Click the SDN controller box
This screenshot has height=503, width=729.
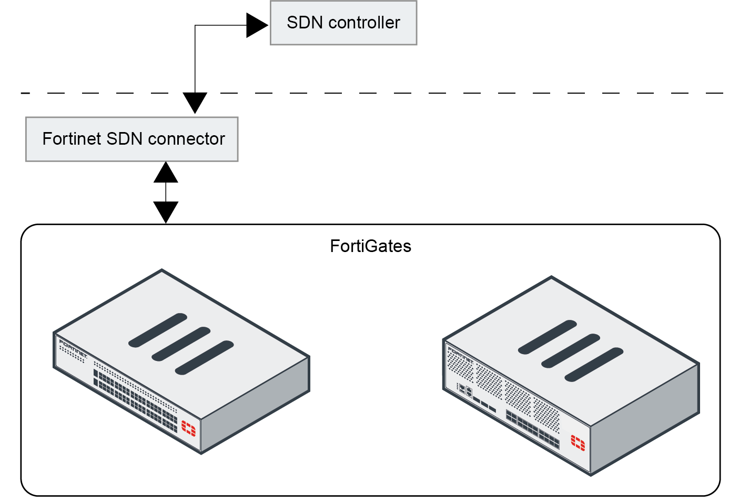click(343, 23)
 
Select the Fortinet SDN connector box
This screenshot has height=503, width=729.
click(131, 139)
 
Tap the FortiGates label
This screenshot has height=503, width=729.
click(370, 246)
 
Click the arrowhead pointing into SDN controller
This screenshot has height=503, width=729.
click(257, 25)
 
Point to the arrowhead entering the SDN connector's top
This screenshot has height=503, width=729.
click(195, 102)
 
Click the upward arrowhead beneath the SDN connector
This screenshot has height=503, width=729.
click(166, 173)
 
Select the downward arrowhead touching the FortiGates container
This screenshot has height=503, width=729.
click(166, 212)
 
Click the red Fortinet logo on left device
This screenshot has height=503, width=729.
click(188, 428)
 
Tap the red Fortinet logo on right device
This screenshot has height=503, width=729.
click(578, 443)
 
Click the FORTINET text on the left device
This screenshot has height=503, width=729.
click(73, 348)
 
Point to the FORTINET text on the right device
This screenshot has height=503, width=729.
click(460, 354)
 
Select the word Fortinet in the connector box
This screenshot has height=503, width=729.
click(72, 139)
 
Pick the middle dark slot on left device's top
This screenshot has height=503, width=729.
click(181, 344)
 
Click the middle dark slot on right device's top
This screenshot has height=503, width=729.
click(570, 350)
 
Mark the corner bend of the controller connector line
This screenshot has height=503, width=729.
click(195, 25)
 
